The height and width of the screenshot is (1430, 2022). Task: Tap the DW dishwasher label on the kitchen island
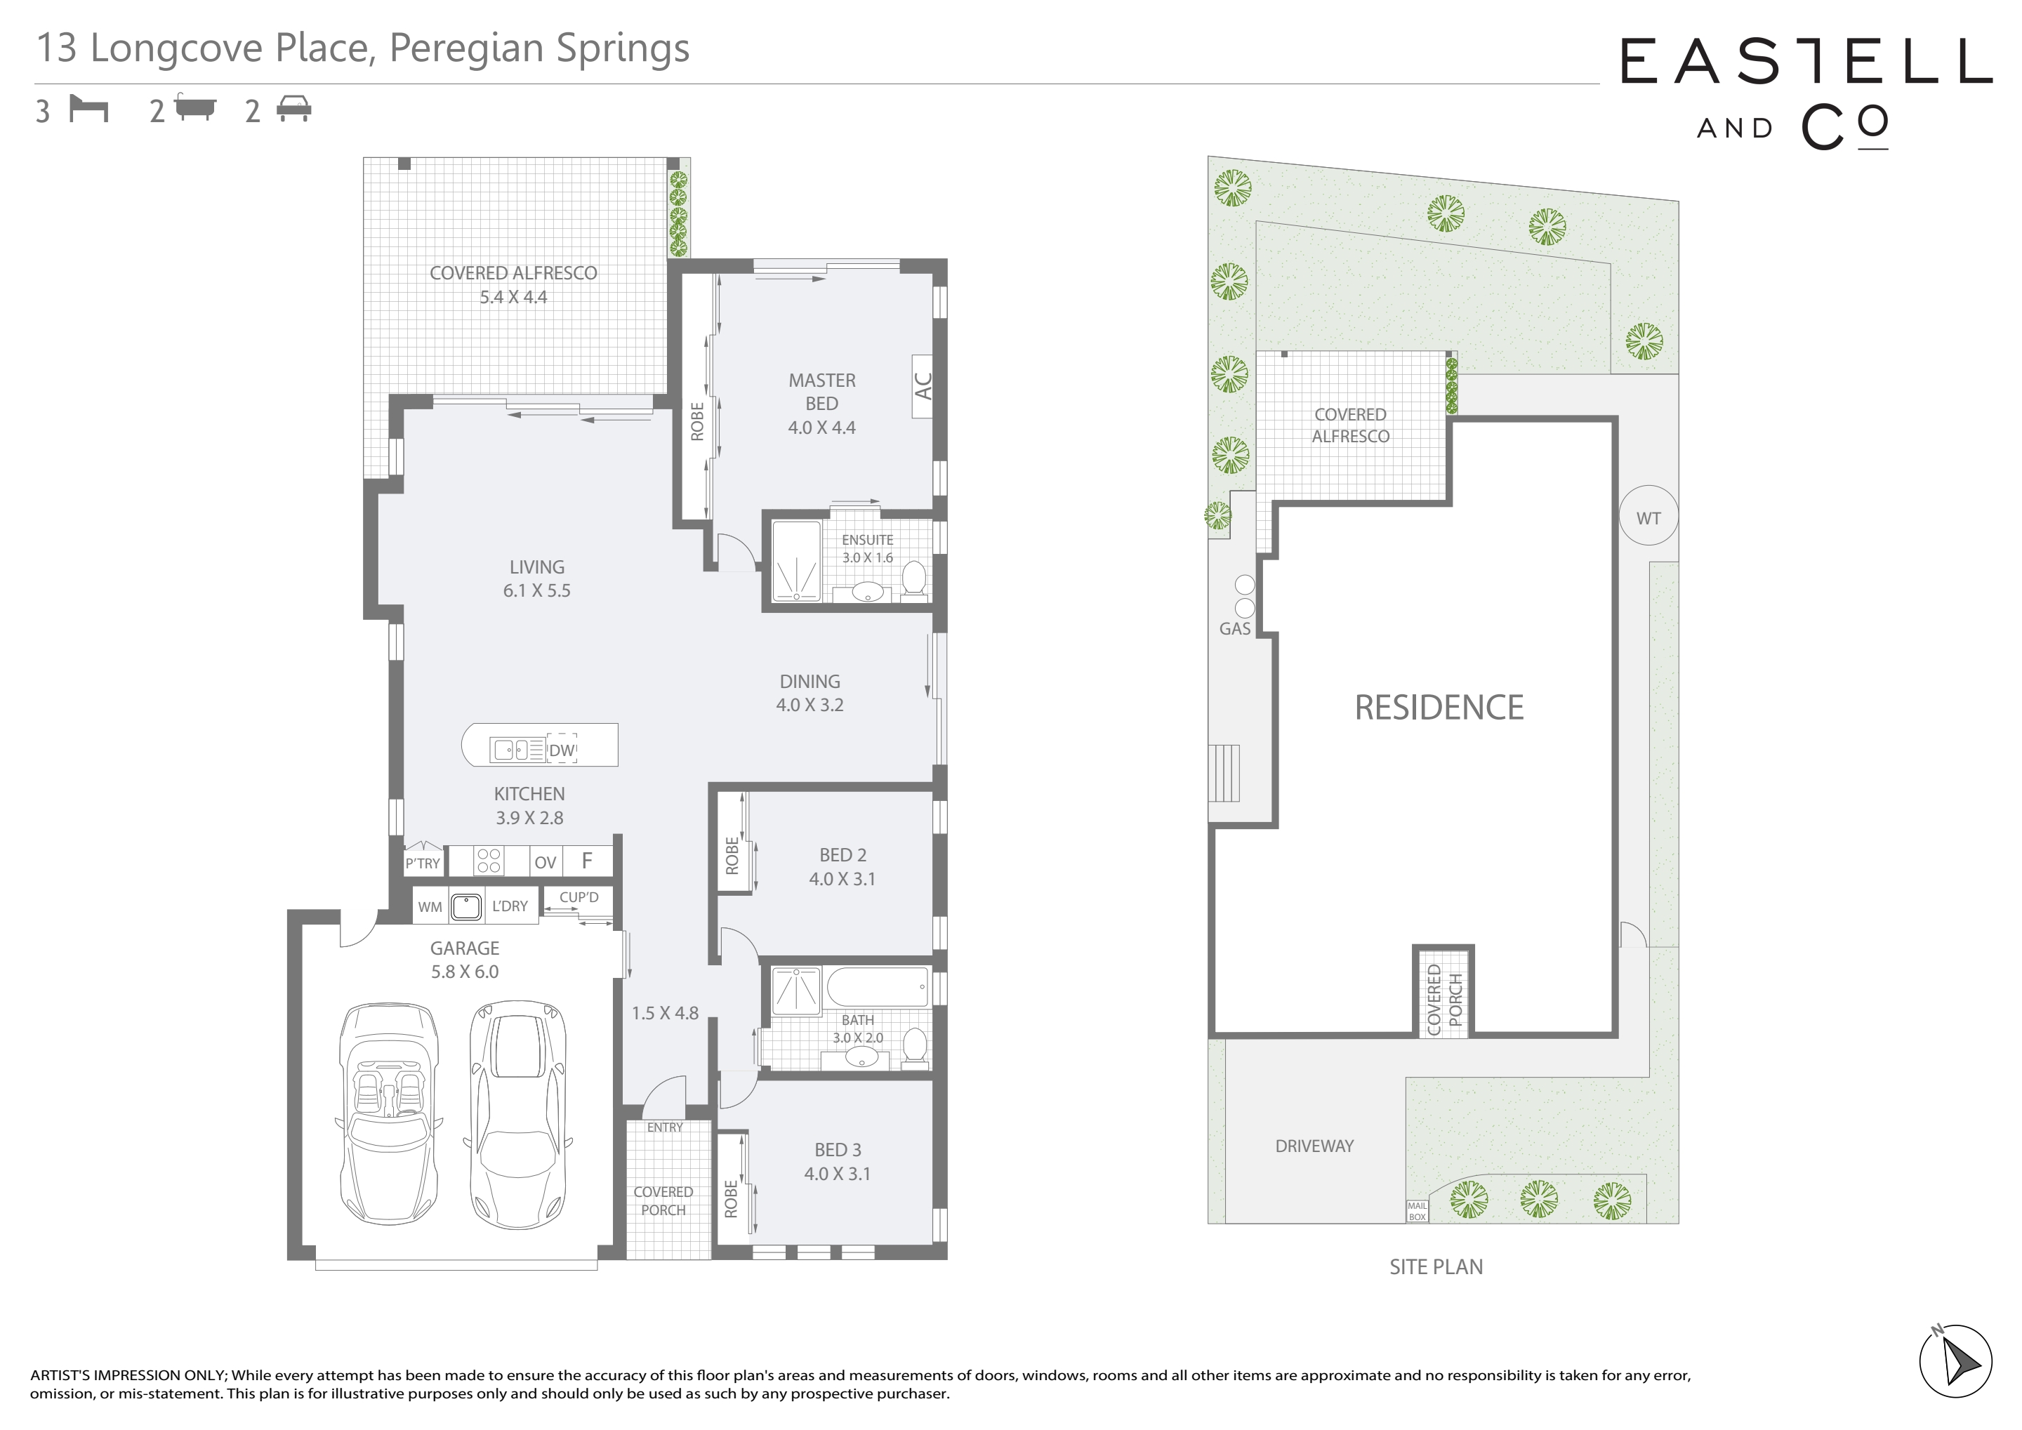point(562,751)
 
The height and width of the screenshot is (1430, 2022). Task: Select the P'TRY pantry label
point(423,863)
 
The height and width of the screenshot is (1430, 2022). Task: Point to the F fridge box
point(586,861)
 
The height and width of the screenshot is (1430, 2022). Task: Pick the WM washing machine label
point(430,907)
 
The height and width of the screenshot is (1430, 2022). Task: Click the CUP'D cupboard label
point(579,897)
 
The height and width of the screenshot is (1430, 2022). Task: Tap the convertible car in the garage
point(388,1114)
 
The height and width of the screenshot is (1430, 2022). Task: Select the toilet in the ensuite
point(914,578)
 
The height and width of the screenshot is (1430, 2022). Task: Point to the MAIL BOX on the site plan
point(1417,1212)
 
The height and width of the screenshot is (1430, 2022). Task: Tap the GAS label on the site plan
point(1235,629)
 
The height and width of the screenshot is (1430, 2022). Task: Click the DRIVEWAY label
point(1314,1146)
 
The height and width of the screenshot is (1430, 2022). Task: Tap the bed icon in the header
point(89,110)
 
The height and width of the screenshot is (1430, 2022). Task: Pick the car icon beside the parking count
point(294,110)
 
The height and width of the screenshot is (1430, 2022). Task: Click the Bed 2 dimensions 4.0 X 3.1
point(842,879)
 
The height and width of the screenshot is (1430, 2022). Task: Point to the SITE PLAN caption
point(1436,1267)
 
